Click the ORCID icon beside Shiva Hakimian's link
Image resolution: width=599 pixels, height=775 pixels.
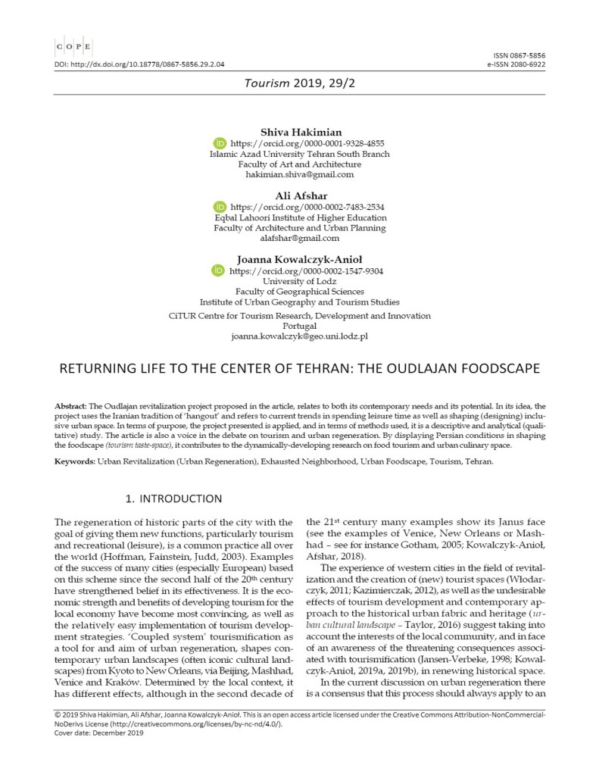220,142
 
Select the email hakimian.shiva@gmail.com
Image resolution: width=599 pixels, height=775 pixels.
300,174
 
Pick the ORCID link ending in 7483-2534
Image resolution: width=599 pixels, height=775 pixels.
306,206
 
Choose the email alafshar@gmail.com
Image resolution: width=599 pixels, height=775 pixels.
300,238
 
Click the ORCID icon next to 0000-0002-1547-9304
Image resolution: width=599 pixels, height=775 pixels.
220,270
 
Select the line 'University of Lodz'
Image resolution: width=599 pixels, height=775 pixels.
300,280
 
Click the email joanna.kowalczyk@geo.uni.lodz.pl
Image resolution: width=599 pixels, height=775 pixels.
300,336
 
